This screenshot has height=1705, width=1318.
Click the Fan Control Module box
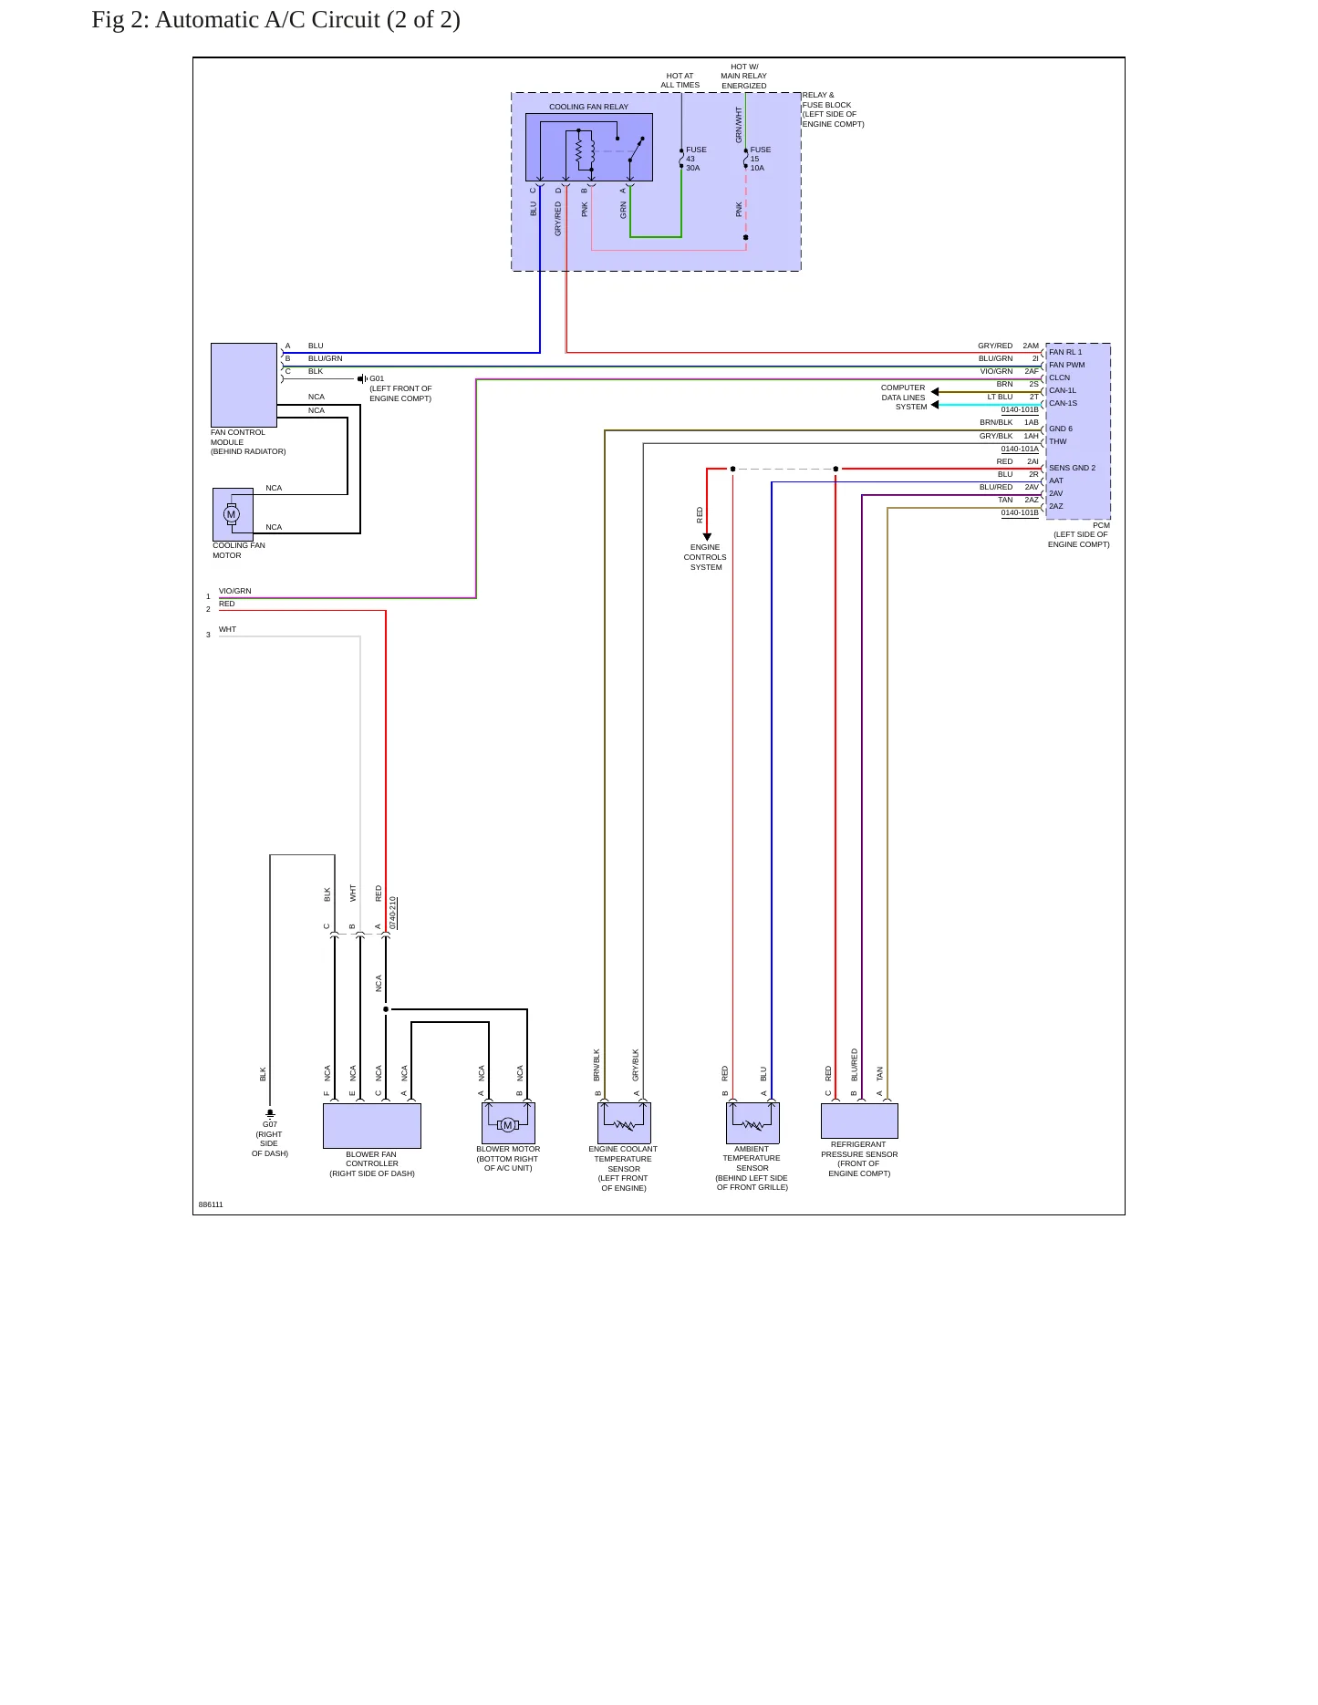pyautogui.click(x=244, y=385)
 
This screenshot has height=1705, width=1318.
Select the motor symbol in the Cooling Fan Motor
pyautogui.click(x=232, y=514)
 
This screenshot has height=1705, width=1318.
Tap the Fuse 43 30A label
pyautogui.click(x=696, y=159)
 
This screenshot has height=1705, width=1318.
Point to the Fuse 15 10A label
pyautogui.click(x=761, y=159)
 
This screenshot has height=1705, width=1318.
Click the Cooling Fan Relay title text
pyautogui.click(x=588, y=107)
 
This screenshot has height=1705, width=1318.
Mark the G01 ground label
pyautogui.click(x=377, y=378)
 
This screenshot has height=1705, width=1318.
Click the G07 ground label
pyautogui.click(x=270, y=1124)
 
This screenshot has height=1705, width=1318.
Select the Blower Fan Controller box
pyautogui.click(x=372, y=1126)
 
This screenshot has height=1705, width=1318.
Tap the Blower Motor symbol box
pyautogui.click(x=508, y=1123)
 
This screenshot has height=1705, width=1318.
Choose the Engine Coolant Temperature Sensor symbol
pyautogui.click(x=624, y=1123)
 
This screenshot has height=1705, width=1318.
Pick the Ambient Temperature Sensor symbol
pyautogui.click(x=752, y=1123)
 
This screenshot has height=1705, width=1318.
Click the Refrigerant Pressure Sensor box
pyautogui.click(x=859, y=1121)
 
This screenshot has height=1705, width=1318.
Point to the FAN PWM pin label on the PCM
pyautogui.click(x=1067, y=365)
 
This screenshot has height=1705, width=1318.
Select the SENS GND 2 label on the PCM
pyautogui.click(x=1073, y=468)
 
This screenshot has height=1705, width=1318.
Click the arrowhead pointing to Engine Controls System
pyautogui.click(x=707, y=537)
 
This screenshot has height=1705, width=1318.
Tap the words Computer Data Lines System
pyautogui.click(x=904, y=398)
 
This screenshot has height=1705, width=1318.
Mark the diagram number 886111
pyautogui.click(x=211, y=1204)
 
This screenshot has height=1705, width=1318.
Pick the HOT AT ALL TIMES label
pyautogui.click(x=680, y=80)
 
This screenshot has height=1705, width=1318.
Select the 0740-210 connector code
pyautogui.click(x=393, y=913)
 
